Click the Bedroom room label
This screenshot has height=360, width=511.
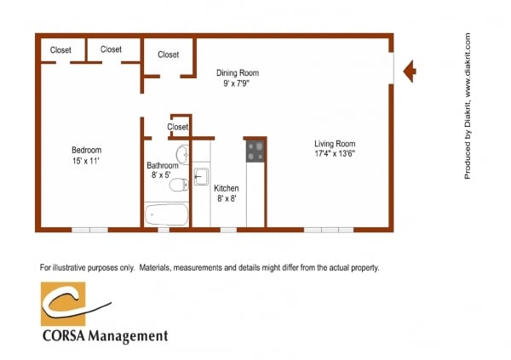coord(86,149)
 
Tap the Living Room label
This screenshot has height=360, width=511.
coord(335,144)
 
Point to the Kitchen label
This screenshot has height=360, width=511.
coord(226,187)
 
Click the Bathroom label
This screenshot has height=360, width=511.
coord(162,165)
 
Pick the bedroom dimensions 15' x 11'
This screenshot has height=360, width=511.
coord(86,160)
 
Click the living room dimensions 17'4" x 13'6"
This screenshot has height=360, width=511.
coord(335,155)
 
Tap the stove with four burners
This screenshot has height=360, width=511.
coord(255,151)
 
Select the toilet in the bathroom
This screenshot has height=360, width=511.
coord(178,185)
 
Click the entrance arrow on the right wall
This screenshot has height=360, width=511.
coord(408,71)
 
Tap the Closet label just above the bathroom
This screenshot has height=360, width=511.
coord(178,127)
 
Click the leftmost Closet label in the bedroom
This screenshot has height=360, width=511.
coord(60,49)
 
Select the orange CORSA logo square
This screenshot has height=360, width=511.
coord(64,304)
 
